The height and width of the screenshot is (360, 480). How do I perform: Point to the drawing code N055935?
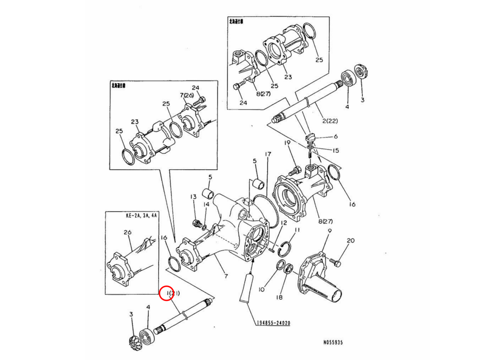coord(333,343)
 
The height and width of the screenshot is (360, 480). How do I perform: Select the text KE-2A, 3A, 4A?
coord(141,215)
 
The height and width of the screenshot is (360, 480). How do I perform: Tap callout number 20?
coord(350,240)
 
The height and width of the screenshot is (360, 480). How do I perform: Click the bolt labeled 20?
coord(335,263)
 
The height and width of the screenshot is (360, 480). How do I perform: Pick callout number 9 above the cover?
coord(330,231)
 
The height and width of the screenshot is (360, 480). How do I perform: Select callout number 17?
coord(268,154)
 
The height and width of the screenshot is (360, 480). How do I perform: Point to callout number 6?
coord(335,136)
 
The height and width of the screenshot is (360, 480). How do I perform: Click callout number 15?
coord(335,150)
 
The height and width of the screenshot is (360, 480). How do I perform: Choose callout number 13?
coord(193,196)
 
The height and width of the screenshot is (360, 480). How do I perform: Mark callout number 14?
coord(206,204)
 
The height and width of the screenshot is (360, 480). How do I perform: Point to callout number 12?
coord(283,222)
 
